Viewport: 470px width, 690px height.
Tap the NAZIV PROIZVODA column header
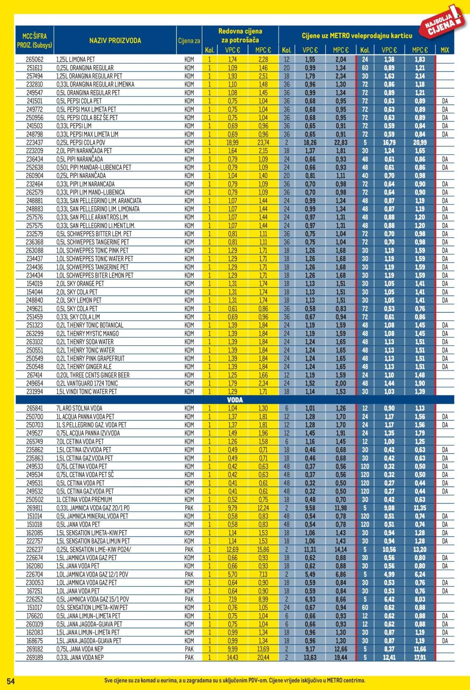coord(115,41)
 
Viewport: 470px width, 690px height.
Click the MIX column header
coord(444,50)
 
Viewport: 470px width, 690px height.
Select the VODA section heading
coord(235,400)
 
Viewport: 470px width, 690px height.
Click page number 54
coord(11,681)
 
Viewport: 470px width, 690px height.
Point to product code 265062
coord(35,59)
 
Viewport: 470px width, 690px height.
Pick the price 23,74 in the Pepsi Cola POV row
coord(263,143)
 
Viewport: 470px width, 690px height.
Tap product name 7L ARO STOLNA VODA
coord(79,408)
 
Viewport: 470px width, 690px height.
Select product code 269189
coord(35,657)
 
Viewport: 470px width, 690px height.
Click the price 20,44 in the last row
coord(263,657)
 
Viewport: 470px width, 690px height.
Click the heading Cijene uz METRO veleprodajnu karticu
coord(357,36)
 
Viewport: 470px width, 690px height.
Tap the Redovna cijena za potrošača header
coord(240,36)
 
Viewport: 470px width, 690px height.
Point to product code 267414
coord(35,375)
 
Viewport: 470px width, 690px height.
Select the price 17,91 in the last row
coord(420,657)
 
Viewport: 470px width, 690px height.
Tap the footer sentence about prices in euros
coord(235,681)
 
